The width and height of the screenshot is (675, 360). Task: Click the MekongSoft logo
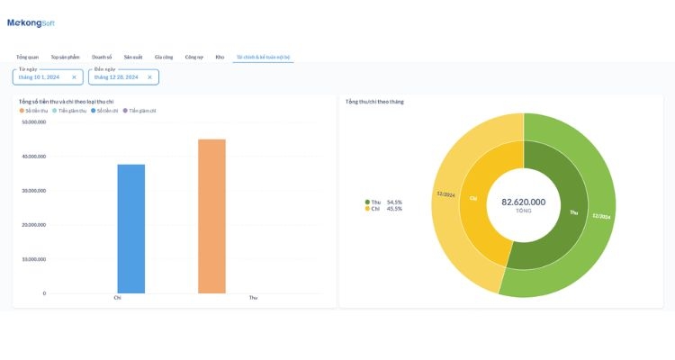point(31,22)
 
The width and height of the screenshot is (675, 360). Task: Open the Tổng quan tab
point(28,57)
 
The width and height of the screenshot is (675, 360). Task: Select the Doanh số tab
point(102,57)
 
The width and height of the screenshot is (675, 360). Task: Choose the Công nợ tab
point(193,57)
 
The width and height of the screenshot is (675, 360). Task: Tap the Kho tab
point(220,57)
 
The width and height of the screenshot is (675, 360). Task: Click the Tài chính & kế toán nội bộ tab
point(263,57)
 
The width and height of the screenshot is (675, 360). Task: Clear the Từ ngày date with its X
point(74,77)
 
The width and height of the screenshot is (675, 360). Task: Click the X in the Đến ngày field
point(149,77)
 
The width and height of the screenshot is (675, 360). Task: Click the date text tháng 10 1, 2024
point(39,77)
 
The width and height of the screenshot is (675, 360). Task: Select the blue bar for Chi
point(130,229)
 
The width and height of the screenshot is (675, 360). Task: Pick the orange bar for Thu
point(211,216)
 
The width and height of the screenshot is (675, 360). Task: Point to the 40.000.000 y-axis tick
point(33,157)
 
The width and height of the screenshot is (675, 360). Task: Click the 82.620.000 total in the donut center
point(523,202)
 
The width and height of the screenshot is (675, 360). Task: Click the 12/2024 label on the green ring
point(601,217)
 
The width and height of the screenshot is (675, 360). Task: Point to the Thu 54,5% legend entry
point(384,202)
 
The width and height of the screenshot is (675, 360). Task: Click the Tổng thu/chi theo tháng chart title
point(374,102)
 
